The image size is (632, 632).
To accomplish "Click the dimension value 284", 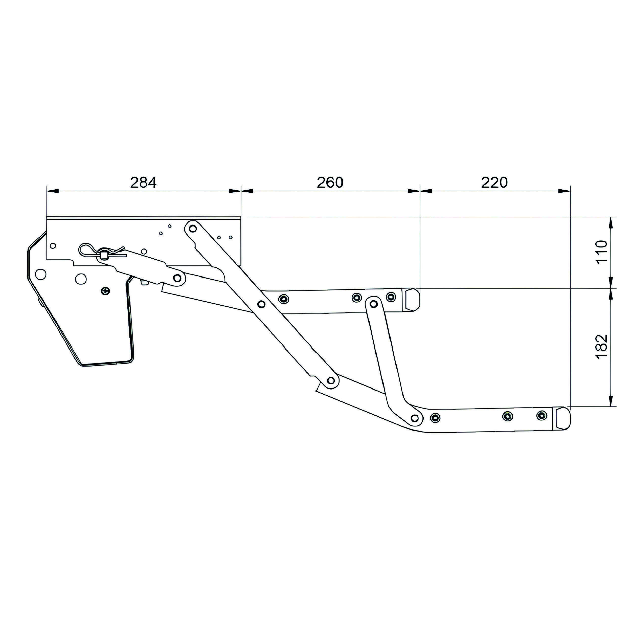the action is click(x=143, y=183).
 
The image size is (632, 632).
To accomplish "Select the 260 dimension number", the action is click(x=330, y=183).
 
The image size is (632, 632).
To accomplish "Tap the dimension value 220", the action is click(x=494, y=183).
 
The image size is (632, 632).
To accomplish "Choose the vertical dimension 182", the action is click(x=601, y=347).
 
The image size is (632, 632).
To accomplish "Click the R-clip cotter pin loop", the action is click(x=86, y=251).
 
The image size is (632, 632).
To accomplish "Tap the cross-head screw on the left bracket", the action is click(x=106, y=290).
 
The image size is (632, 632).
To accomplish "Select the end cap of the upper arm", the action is click(x=412, y=299).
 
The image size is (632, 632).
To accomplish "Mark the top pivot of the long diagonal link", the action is click(x=193, y=228).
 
